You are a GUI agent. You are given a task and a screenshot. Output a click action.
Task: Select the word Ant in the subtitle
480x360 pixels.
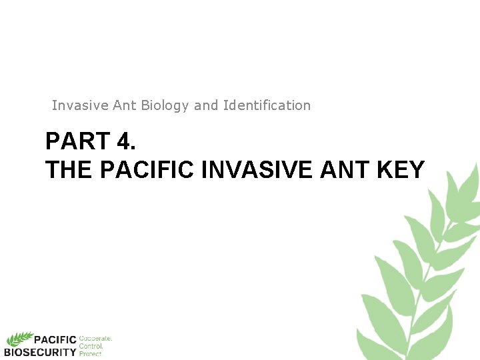[x=125, y=105]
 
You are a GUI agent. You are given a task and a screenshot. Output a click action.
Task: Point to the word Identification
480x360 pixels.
[x=267, y=105]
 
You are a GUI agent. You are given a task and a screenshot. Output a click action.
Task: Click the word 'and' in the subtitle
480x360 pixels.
[x=205, y=105]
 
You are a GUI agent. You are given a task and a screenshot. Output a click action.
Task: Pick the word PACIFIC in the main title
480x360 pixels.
[x=147, y=170]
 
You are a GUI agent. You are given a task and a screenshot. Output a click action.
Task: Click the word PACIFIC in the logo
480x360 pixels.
[x=56, y=340]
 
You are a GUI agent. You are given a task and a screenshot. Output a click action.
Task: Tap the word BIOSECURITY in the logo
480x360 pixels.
[x=41, y=351]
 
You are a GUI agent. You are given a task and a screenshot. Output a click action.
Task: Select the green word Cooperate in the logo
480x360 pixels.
[x=95, y=339]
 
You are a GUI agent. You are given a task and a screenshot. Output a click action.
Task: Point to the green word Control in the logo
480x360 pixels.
[x=91, y=346]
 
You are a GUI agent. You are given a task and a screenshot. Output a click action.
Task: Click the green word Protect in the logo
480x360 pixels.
[x=91, y=353]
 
